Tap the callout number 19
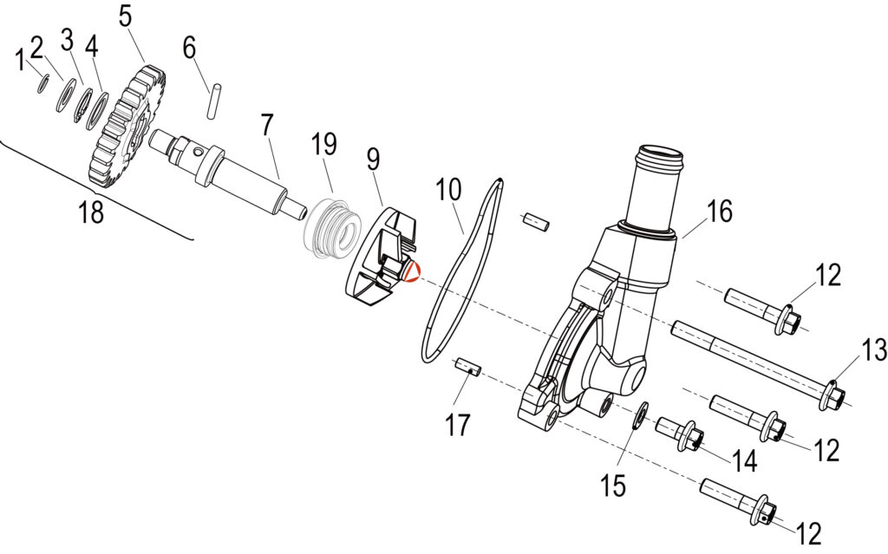pos(324,144)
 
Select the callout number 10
pos(448,190)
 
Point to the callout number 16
pos(719,211)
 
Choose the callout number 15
pos(613,486)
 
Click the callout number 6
pos(189,49)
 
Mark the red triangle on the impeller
pos(413,272)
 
